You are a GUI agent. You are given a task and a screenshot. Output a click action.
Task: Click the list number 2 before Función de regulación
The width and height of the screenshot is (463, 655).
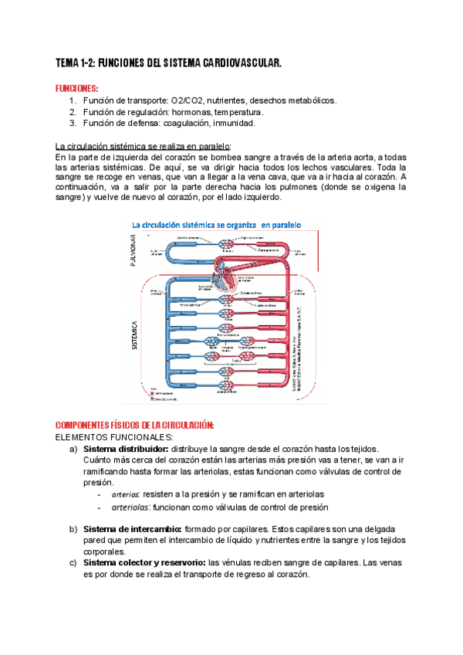pos(73,111)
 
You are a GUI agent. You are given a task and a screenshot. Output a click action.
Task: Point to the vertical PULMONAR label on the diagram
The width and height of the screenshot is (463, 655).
pos(134,250)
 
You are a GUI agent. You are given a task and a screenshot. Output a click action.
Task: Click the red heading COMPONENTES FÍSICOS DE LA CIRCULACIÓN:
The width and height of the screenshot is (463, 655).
pos(136,426)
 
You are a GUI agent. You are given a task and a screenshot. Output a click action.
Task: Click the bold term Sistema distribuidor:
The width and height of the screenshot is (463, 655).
pos(125,450)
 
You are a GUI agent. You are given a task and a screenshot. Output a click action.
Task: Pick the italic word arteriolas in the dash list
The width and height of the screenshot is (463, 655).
pos(131,507)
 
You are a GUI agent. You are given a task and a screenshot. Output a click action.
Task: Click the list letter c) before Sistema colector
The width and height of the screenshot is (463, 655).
pos(73,563)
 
